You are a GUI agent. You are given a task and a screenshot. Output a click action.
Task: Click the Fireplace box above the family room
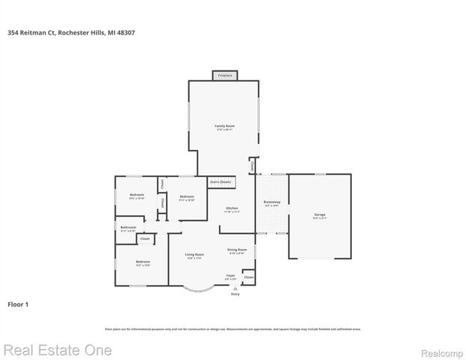(x=224, y=76)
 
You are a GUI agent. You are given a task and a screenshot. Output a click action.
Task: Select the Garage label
(x=320, y=215)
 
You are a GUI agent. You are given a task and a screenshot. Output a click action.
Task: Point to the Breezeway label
(x=272, y=202)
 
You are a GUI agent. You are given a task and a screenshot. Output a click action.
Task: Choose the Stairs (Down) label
(x=221, y=181)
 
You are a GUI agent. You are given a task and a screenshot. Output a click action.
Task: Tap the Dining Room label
(x=237, y=250)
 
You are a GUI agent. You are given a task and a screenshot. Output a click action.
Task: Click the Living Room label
(x=194, y=255)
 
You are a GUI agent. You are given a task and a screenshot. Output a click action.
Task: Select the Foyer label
(x=231, y=276)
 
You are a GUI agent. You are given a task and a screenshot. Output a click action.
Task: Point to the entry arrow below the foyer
(x=235, y=288)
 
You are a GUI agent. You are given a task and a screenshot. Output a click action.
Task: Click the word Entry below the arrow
(x=235, y=294)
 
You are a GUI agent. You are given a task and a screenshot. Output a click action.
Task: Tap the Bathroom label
(x=128, y=227)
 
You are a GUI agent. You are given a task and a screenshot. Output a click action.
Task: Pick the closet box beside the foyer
(x=248, y=277)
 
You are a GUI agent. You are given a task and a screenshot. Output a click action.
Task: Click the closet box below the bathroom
(x=145, y=239)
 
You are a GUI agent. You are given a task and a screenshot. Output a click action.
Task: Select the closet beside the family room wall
(x=252, y=165)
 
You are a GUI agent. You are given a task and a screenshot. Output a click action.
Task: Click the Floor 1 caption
(x=17, y=305)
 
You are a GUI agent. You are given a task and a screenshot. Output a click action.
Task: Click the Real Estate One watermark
(x=57, y=350)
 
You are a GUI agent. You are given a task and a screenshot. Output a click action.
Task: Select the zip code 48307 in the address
(x=126, y=32)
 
